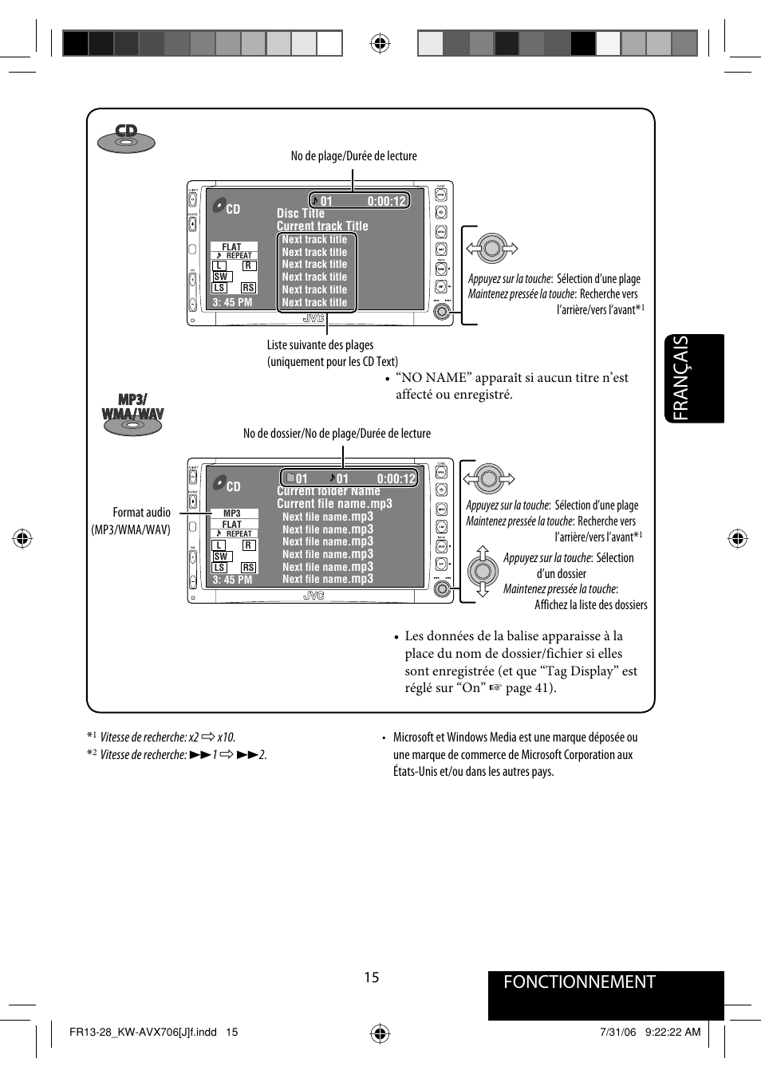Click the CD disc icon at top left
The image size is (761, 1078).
[126, 139]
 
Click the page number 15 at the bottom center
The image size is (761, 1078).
[372, 978]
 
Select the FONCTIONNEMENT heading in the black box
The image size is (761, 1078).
[579, 982]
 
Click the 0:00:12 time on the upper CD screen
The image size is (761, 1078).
[387, 201]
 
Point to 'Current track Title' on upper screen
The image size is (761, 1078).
[322, 226]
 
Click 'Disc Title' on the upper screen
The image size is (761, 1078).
[301, 214]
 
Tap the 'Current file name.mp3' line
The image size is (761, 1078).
[334, 504]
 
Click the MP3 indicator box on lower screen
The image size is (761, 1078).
[232, 513]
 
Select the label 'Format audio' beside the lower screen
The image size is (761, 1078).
[141, 513]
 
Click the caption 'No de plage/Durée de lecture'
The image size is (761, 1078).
[353, 156]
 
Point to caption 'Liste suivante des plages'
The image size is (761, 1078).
[320, 345]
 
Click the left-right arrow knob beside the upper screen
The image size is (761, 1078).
[492, 249]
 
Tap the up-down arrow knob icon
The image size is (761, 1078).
[482, 571]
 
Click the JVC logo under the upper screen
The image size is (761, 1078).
[313, 319]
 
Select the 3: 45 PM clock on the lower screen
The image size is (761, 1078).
[232, 580]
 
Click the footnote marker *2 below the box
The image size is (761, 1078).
[92, 753]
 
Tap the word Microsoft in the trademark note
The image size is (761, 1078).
[413, 738]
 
